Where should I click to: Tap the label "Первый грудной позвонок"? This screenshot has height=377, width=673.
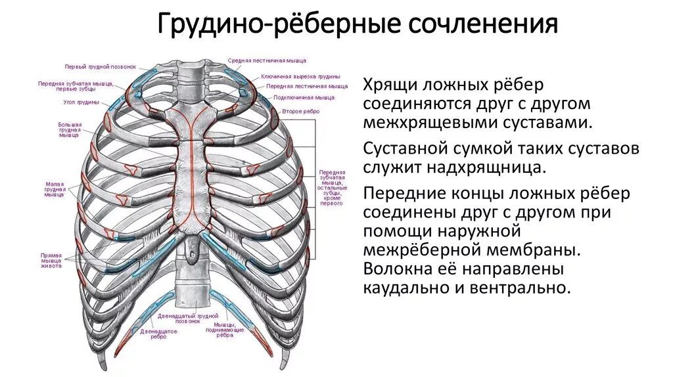(101, 66)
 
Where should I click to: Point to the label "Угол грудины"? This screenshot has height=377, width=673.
(82, 102)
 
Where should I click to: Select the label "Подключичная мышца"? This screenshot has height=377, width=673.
(304, 97)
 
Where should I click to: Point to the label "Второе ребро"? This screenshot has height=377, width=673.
(301, 112)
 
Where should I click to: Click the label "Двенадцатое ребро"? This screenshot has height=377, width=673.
(158, 334)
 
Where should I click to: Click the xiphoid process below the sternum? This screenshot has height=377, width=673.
(191, 248)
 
